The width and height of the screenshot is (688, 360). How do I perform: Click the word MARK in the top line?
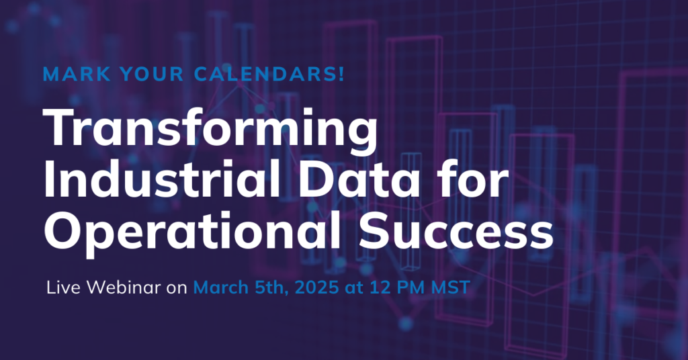coord(77,74)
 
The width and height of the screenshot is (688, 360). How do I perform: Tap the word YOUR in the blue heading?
coord(153,74)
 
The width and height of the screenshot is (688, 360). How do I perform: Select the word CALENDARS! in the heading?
coord(269,74)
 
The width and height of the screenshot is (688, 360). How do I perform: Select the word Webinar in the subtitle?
coord(124,287)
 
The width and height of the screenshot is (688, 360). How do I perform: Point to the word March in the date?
coord(221,287)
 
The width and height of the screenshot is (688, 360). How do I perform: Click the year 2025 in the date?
coord(317,287)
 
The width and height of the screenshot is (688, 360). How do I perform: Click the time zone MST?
coord(451,287)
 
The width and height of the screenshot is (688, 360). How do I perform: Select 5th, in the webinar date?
coord(272,288)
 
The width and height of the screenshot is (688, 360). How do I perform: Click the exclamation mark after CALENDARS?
coord(341,74)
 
